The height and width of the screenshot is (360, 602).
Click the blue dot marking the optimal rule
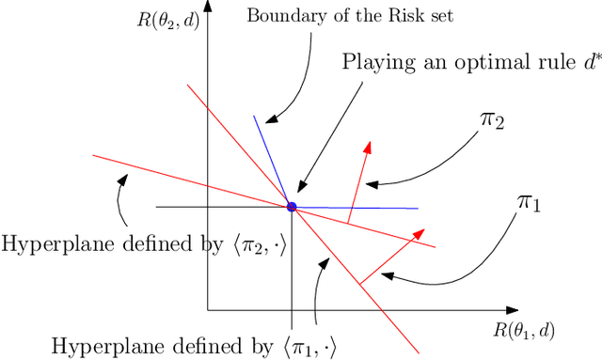point(292,207)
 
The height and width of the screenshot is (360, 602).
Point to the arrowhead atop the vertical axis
point(208,7)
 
